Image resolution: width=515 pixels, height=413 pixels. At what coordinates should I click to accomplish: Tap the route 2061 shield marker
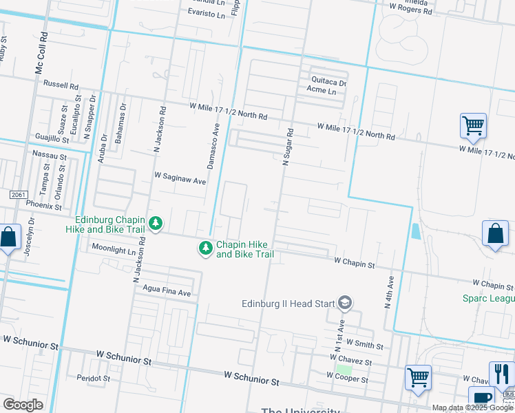19,195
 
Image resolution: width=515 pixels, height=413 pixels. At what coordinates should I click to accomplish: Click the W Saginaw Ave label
180,181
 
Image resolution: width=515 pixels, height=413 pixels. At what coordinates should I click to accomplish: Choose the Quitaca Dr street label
328,81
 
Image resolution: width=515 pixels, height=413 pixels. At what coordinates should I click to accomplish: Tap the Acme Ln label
322,91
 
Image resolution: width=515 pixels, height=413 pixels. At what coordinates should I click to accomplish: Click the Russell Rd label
61,85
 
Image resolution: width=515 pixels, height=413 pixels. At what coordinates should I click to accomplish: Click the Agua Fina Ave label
167,293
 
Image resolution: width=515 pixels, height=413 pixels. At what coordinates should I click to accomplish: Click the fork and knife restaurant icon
501,374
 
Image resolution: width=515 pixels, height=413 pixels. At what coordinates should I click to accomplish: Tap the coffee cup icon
481,398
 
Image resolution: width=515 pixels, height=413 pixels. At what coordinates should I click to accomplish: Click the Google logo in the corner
23,404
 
